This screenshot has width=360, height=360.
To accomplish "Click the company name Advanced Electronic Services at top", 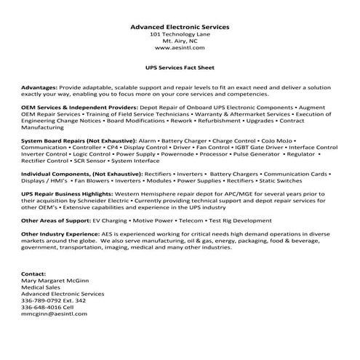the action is click(x=180, y=27).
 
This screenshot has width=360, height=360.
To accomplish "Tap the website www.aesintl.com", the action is click(x=180, y=48).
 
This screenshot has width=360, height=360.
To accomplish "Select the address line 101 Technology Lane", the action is click(x=180, y=35).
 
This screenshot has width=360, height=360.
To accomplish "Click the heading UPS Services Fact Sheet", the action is click(x=180, y=65).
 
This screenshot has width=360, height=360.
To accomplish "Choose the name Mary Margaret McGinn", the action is click(x=55, y=279).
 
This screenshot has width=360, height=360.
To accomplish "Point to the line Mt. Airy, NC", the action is click(x=180, y=41).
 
